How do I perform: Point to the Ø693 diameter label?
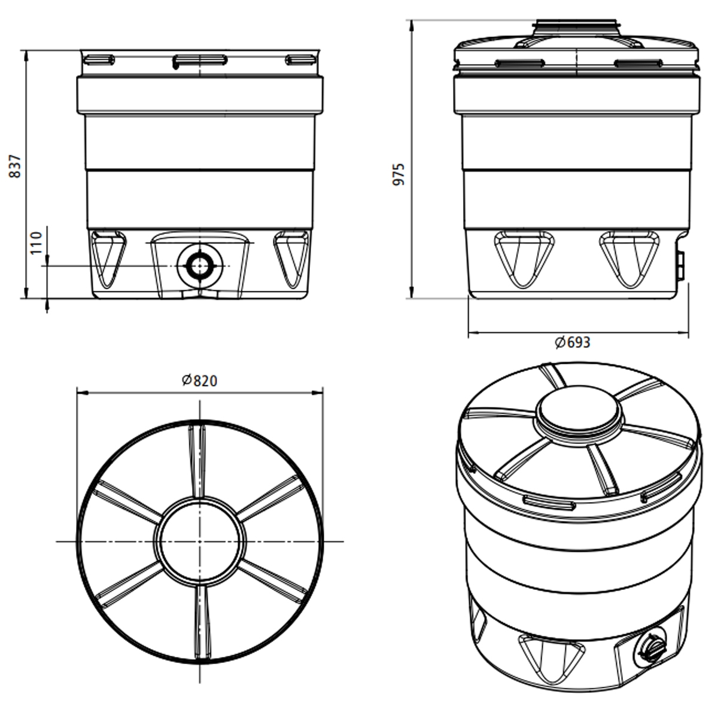pos(572,342)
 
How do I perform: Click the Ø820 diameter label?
pos(199,381)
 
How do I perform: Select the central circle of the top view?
pos(200,541)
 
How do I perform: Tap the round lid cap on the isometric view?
pos(579,414)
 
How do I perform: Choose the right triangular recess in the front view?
pos(292,257)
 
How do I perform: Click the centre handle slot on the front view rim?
pos(200,60)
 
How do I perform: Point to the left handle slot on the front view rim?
pos(99,59)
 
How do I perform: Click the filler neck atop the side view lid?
pos(578,26)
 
